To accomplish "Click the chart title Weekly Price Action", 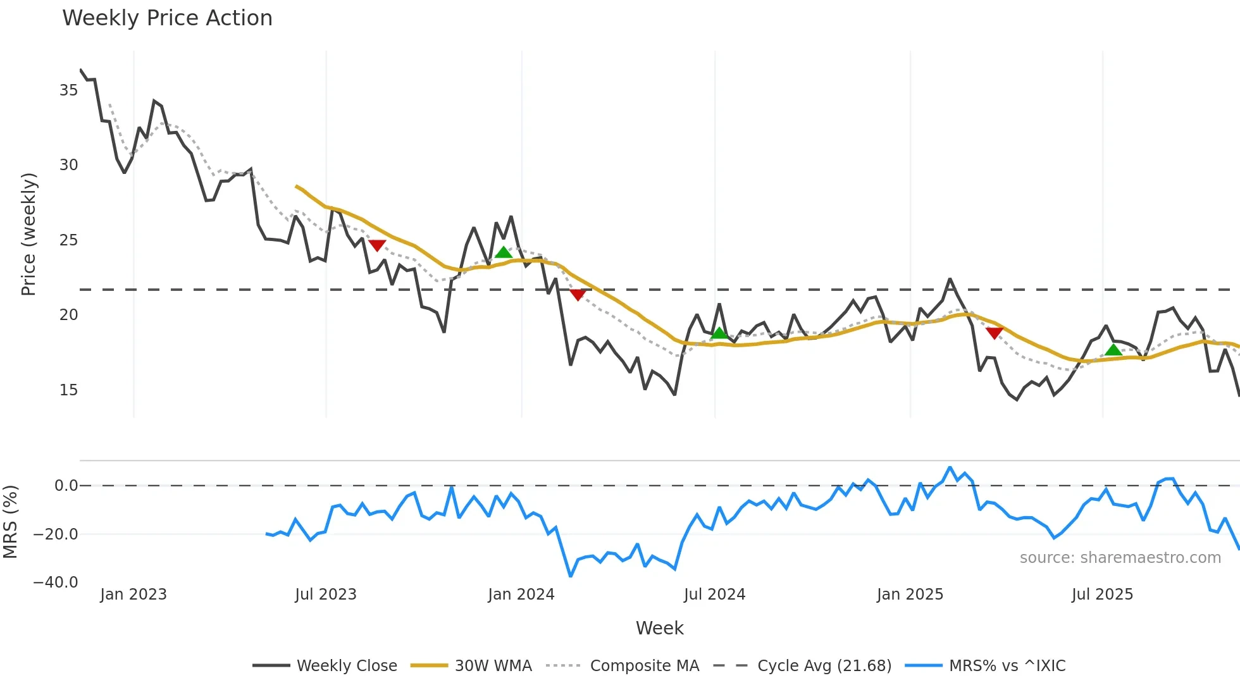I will click(167, 18).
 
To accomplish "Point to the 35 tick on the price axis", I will click(68, 90).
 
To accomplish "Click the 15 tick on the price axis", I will click(68, 390).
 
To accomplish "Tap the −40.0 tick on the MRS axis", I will click(56, 583).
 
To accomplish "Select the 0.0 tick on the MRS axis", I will click(66, 486).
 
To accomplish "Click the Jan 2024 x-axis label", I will click(521, 595).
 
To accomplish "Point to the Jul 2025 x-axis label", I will click(1102, 595).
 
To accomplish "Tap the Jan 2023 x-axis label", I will click(133, 595).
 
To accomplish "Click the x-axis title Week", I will click(659, 628).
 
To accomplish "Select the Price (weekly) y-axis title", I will click(28, 234).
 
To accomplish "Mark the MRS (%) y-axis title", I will click(10, 522).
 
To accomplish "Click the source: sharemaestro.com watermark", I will click(1120, 558).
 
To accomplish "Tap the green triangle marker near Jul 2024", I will click(719, 333).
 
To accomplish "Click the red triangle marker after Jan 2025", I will click(995, 333).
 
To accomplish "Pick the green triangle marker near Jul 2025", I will click(1113, 350).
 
